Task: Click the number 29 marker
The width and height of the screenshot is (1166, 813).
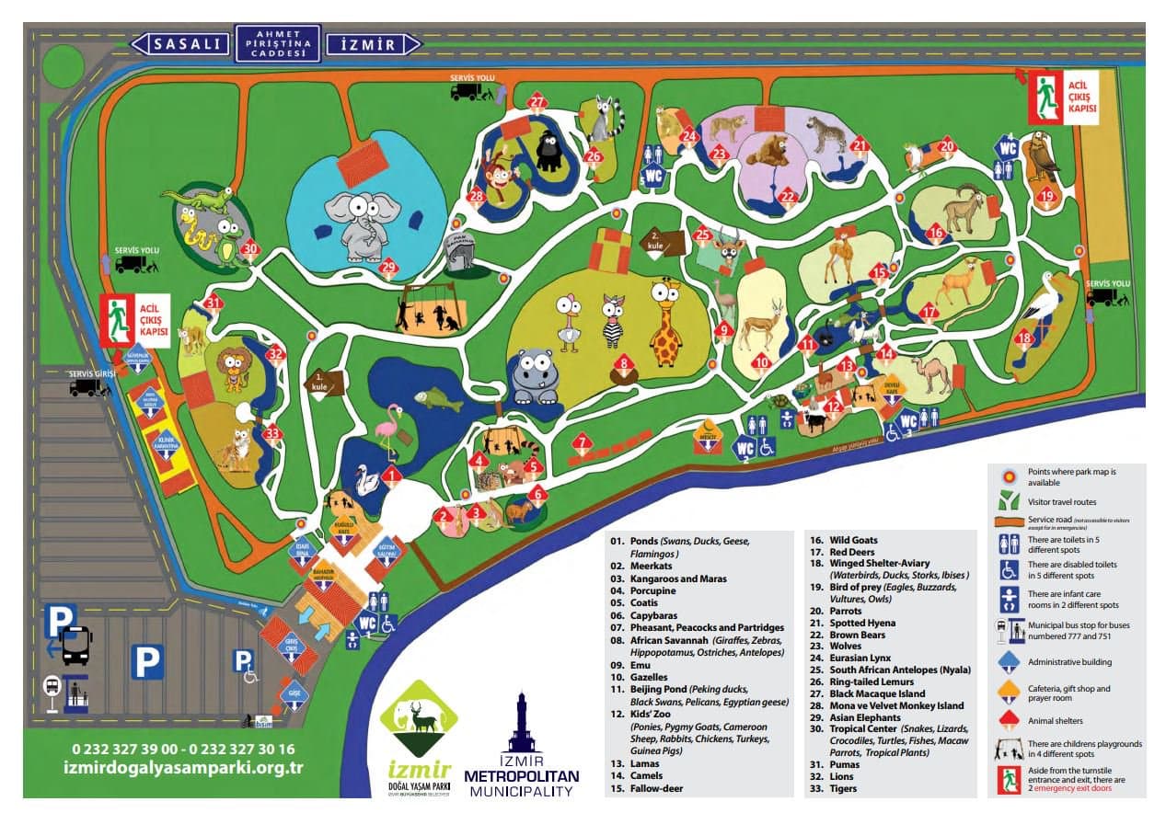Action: (x=388, y=269)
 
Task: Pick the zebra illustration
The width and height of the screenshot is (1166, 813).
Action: (x=613, y=319)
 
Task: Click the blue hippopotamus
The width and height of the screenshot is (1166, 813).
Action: (x=533, y=375)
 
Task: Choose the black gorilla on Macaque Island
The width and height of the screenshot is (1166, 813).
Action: (x=549, y=150)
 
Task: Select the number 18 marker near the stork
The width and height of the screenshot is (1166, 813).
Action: (x=1024, y=338)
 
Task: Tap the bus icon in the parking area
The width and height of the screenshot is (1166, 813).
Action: (x=75, y=646)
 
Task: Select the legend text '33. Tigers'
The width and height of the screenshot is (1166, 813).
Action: (x=832, y=788)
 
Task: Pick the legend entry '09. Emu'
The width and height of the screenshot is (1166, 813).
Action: (x=629, y=664)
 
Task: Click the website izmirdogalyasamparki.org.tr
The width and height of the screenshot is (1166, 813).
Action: (x=184, y=768)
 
